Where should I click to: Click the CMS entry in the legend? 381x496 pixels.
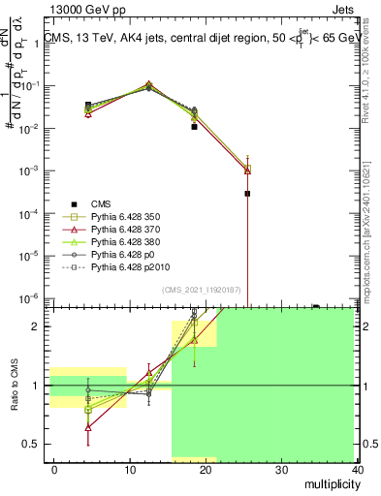(101, 202)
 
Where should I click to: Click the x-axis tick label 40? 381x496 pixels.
(358, 468)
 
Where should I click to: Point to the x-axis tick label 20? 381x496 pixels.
(206, 468)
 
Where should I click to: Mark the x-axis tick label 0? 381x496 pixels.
(54, 468)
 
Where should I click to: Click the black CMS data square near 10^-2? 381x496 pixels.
(194, 126)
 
